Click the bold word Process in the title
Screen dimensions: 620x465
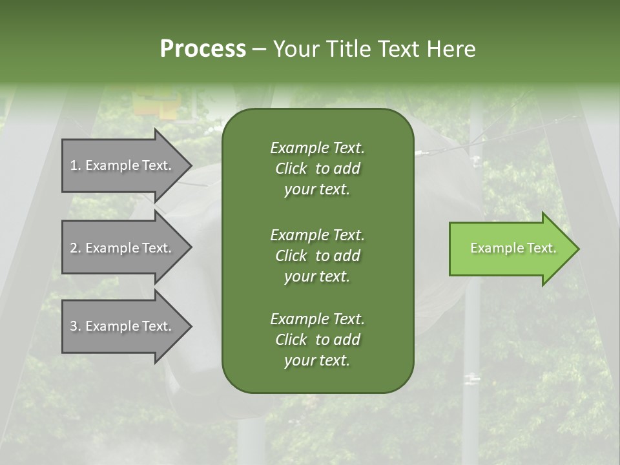[x=203, y=48]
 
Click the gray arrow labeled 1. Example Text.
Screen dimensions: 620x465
[x=127, y=165]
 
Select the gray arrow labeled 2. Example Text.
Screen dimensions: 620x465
[x=127, y=247]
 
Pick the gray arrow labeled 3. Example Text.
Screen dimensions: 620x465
[x=127, y=326]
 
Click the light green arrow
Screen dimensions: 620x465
[x=514, y=249]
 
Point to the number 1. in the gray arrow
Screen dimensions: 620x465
[x=76, y=165]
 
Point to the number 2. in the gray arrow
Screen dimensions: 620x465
[x=76, y=248]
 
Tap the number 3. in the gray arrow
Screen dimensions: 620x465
[x=76, y=326]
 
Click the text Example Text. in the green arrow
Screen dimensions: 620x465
[x=513, y=248]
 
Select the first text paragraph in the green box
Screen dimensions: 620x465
[x=318, y=169]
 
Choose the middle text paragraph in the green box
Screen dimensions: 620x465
[x=318, y=256]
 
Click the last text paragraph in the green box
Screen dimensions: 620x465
[x=318, y=340]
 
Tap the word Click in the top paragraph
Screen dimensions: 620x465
[x=291, y=169]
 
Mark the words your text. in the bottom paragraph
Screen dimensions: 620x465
[x=317, y=360]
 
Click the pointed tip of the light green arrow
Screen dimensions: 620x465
[x=579, y=249]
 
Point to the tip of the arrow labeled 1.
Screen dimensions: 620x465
[x=192, y=166]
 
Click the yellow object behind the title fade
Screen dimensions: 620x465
[x=157, y=103]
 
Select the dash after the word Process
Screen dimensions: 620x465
[x=260, y=50]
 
